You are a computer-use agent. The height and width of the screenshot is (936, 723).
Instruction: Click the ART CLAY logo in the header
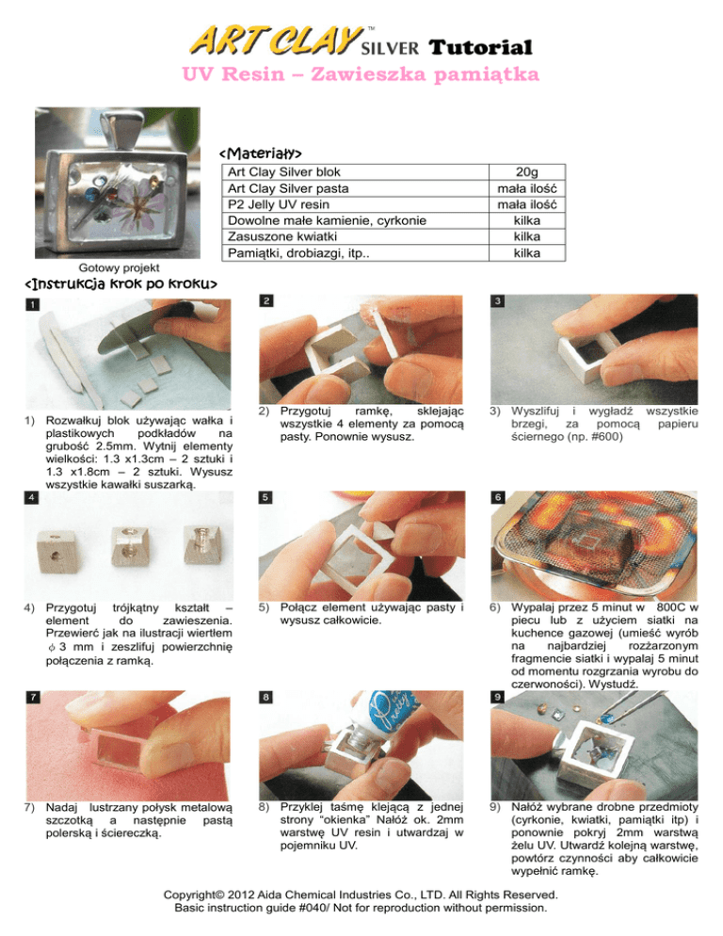pyautogui.click(x=276, y=40)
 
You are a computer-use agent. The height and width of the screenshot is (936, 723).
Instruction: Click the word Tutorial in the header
pyautogui.click(x=480, y=47)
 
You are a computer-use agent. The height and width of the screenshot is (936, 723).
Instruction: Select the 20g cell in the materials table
pyautogui.click(x=526, y=172)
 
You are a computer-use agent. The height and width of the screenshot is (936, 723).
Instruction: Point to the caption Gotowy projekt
pyautogui.click(x=119, y=268)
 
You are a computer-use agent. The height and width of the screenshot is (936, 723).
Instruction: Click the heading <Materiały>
pyautogui.click(x=261, y=153)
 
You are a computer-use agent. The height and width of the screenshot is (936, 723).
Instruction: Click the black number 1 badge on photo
pyautogui.click(x=32, y=304)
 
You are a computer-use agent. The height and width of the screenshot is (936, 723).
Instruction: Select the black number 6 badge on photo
pyautogui.click(x=498, y=497)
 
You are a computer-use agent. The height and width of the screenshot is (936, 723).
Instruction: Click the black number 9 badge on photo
pyautogui.click(x=498, y=697)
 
